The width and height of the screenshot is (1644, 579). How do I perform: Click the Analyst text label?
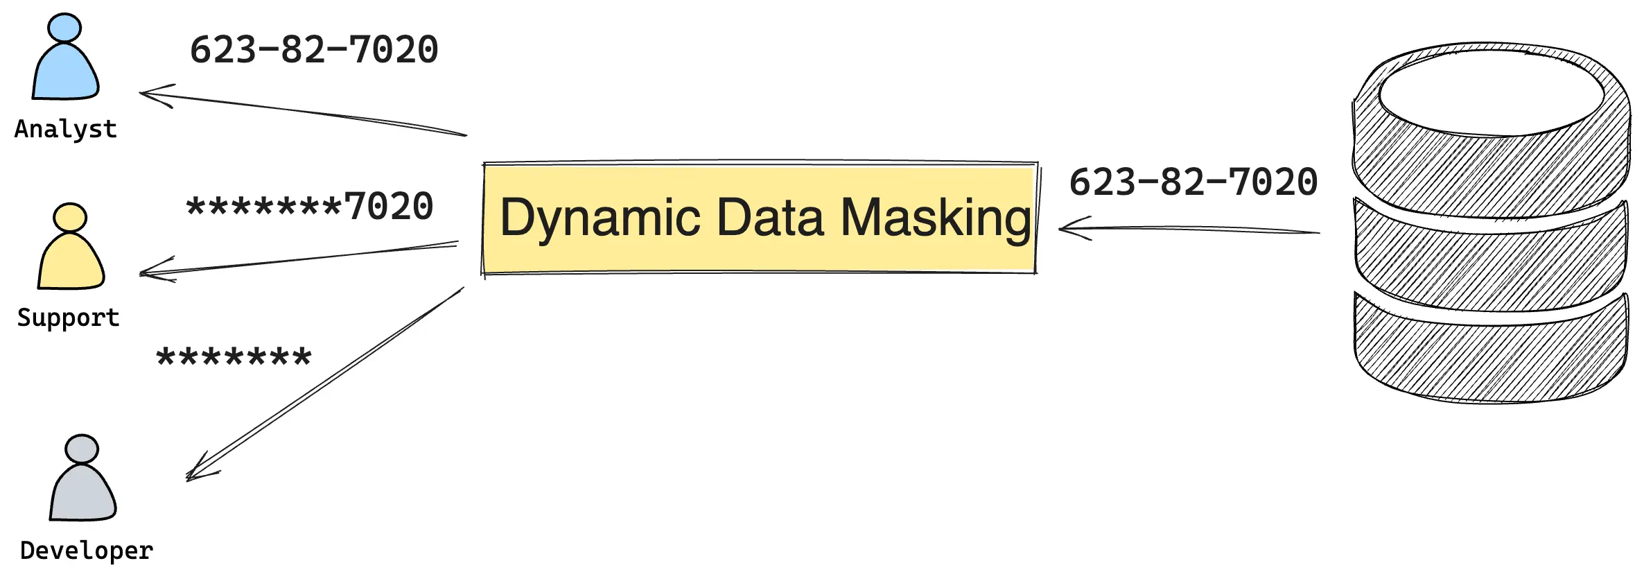click(x=66, y=130)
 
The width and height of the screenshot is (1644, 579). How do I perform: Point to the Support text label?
click(x=68, y=318)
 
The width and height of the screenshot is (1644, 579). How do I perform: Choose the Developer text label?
click(x=87, y=551)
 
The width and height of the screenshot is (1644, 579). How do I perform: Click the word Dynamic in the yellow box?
click(x=600, y=218)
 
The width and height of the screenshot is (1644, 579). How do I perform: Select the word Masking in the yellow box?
click(x=936, y=218)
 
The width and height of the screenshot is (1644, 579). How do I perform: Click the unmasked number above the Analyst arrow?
click(x=314, y=50)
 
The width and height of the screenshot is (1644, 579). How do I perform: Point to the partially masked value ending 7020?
click(x=310, y=207)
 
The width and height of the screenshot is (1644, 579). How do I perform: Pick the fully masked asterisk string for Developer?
click(x=234, y=358)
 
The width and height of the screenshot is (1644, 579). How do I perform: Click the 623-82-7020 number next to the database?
click(x=1193, y=182)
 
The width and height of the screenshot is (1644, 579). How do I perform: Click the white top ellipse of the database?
click(x=1491, y=92)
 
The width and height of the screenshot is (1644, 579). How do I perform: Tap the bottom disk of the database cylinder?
click(x=1490, y=357)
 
